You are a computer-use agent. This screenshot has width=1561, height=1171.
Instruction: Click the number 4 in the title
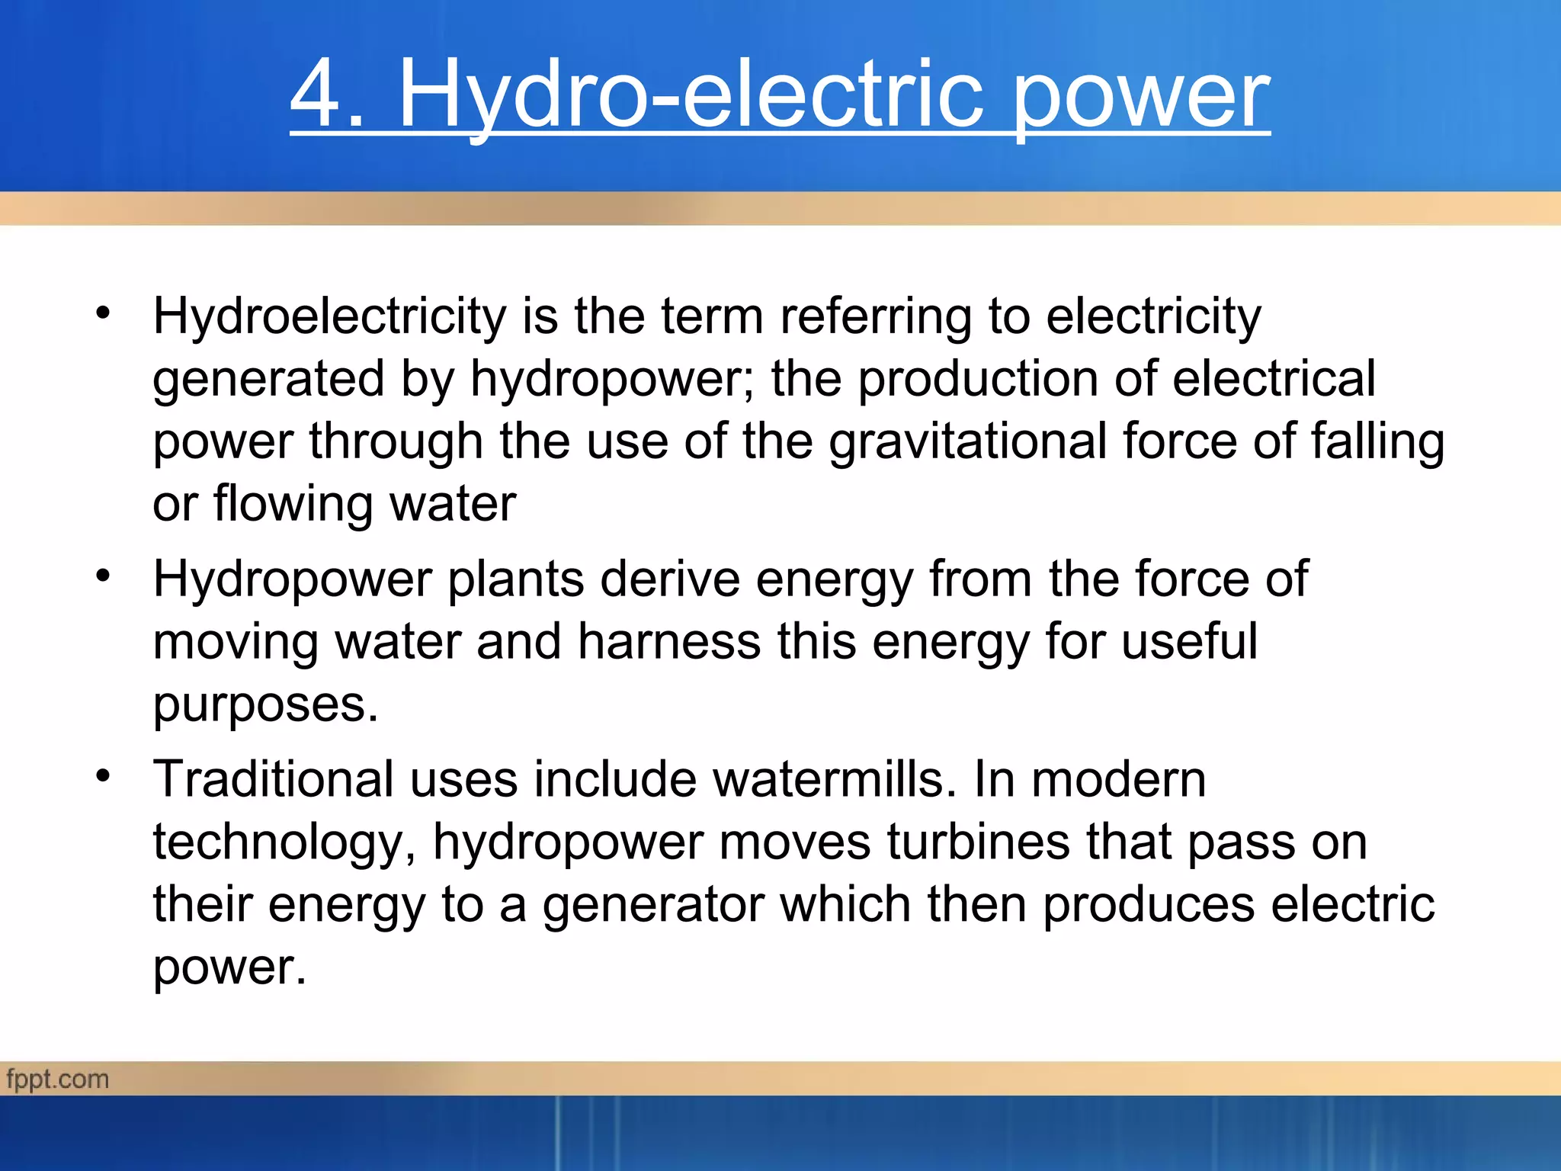pyautogui.click(x=316, y=95)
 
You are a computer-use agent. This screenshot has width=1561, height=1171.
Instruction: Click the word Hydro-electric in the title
pyautogui.click(x=691, y=95)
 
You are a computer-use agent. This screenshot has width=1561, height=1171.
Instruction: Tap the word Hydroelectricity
pyautogui.click(x=329, y=316)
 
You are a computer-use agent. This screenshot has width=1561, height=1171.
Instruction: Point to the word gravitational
pyautogui.click(x=967, y=441)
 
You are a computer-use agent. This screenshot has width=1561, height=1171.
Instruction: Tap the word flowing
pyautogui.click(x=293, y=504)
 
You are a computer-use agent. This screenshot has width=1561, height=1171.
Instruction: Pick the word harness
pyautogui.click(x=668, y=642)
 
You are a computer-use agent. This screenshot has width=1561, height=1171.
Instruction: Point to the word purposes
pyautogui.click(x=265, y=704)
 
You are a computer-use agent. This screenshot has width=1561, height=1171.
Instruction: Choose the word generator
pyautogui.click(x=653, y=905)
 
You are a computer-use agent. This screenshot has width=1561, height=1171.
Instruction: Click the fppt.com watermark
pyautogui.click(x=58, y=1080)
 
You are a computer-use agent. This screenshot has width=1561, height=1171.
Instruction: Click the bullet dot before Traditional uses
pyautogui.click(x=103, y=776)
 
